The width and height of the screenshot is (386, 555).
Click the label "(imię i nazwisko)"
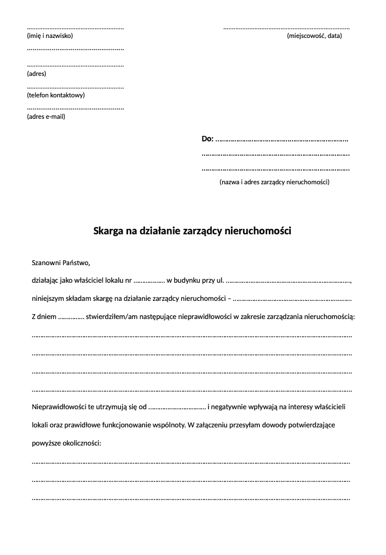[49, 36]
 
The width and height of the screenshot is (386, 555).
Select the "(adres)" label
[36, 73]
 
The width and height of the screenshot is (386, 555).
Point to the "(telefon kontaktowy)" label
[56, 95]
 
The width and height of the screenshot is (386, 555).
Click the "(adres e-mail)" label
[46, 116]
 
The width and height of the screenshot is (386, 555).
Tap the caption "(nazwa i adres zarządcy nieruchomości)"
[274, 182]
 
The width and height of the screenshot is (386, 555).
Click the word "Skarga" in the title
[108, 231]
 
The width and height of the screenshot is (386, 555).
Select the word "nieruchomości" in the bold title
[258, 231]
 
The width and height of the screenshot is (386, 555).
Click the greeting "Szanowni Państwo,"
[60, 262]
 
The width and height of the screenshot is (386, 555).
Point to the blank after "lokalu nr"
[149, 281]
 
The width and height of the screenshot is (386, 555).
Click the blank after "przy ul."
[288, 281]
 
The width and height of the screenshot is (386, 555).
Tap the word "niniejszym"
[48, 299]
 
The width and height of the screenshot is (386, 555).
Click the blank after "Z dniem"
[71, 317]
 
